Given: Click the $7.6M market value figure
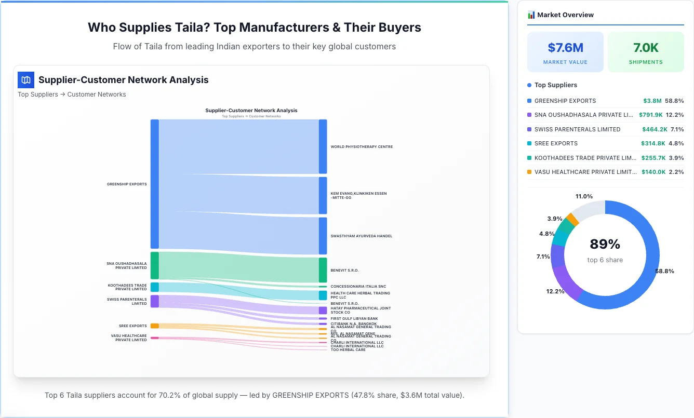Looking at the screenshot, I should coord(565,48).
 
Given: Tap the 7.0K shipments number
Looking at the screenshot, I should coord(646,48).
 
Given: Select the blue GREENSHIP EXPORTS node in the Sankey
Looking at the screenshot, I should coord(154,184).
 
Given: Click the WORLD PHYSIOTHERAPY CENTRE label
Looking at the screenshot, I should coord(362,147).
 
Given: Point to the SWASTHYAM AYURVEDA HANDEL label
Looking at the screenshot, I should coord(361,236).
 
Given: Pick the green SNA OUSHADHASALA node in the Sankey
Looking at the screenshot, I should coord(154,265).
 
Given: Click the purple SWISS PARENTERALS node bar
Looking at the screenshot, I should coord(154,301).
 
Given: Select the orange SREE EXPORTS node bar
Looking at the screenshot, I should coord(154,326).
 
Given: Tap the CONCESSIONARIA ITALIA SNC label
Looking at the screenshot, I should coord(358,287).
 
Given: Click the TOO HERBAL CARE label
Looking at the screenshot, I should coord(348,350).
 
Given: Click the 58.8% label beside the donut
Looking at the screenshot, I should coord(664,271).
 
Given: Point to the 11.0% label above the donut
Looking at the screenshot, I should coord(584,196).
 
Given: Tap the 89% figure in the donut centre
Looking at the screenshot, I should coord(605,244).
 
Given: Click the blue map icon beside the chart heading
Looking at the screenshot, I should coord(26,80).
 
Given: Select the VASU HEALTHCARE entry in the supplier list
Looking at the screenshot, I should coord(585,172).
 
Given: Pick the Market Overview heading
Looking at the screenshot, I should coord(565,15).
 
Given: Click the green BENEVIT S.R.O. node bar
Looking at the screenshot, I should coord(323,270).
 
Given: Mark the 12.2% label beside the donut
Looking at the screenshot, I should coord(555,292).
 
